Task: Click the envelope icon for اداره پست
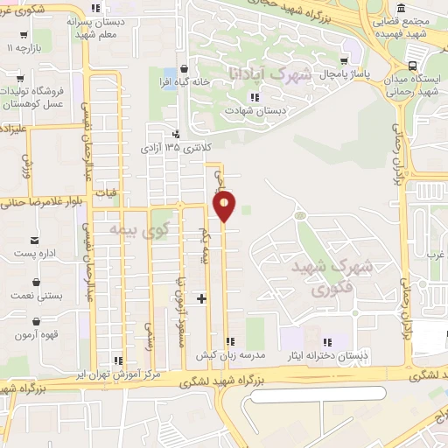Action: (x=35, y=240)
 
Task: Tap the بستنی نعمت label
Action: (x=36, y=297)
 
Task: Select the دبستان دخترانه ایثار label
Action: (x=328, y=355)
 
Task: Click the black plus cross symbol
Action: (x=202, y=299)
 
